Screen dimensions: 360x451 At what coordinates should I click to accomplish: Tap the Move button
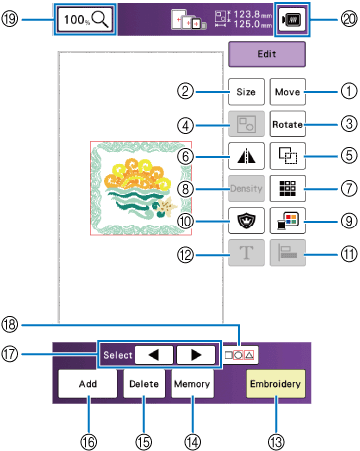pyautogui.click(x=288, y=92)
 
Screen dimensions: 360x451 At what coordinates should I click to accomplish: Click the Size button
pyautogui.click(x=246, y=92)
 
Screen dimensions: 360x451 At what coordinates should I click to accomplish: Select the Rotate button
pyautogui.click(x=288, y=124)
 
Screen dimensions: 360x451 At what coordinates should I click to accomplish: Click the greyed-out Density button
pyautogui.click(x=246, y=189)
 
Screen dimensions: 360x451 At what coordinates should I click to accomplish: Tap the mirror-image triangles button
pyautogui.click(x=246, y=156)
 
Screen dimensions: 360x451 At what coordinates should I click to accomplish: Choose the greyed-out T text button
pyautogui.click(x=246, y=253)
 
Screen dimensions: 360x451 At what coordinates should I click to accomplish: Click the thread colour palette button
pyautogui.click(x=288, y=221)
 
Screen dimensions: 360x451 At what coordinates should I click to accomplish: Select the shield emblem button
pyautogui.click(x=246, y=221)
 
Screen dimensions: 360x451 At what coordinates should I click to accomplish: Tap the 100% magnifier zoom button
pyautogui.click(x=86, y=20)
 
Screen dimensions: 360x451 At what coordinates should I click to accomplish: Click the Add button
pyautogui.click(x=88, y=384)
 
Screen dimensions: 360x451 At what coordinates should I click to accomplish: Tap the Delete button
pyautogui.click(x=144, y=384)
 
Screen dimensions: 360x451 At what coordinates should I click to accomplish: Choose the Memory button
pyautogui.click(x=192, y=384)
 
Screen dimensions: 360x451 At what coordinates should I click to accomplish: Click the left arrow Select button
pyautogui.click(x=154, y=355)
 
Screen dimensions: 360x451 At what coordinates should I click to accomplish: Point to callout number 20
pyautogui.click(x=349, y=19)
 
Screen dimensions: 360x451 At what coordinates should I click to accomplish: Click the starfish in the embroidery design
pyautogui.click(x=167, y=205)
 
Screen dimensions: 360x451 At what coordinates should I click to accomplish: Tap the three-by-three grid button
pyautogui.click(x=288, y=189)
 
